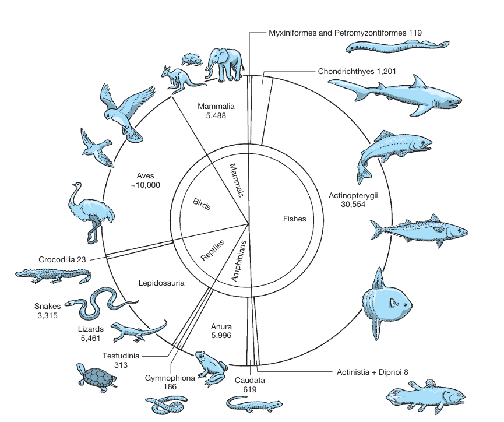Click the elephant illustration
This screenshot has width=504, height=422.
pos(224,65)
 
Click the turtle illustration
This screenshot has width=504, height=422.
pos(97,378)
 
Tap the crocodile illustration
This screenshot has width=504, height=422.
pos(54,276)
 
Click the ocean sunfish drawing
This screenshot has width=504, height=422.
pos(386,303)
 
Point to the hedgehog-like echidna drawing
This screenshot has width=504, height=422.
pos(192,60)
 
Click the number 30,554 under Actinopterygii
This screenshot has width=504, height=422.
pos(353,204)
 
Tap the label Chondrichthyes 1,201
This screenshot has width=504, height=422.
pos(357,72)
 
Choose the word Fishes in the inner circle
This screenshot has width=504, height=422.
pos(294,219)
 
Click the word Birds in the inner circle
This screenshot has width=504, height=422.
pos(202,204)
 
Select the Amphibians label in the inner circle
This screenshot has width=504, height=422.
pos(239,261)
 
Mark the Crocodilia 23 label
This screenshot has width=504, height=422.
pos(62,259)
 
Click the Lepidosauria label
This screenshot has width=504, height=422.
pos(161,283)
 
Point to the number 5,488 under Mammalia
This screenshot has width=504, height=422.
pos(216,116)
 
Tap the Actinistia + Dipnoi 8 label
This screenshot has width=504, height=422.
pos(372,372)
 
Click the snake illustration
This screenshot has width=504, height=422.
pos(100,303)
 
